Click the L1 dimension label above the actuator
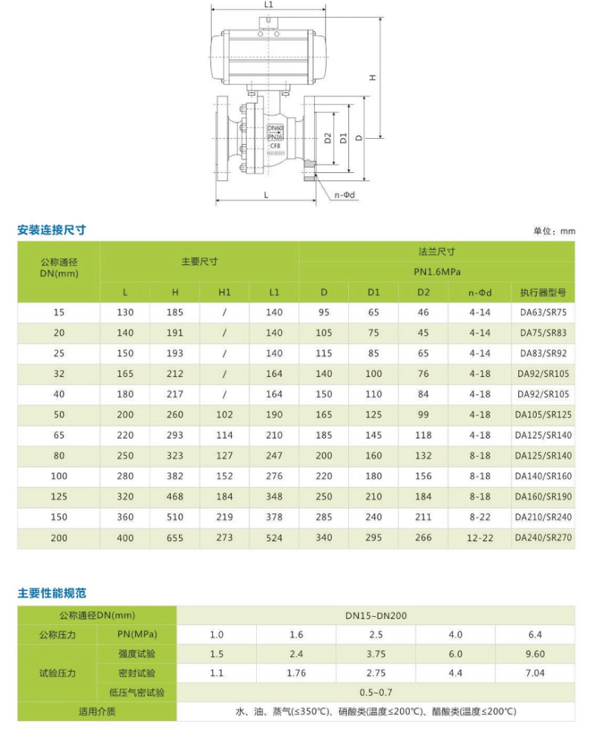(268, 4)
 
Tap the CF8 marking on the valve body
(275, 146)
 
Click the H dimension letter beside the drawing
(373, 77)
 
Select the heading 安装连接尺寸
(51, 230)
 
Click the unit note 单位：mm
(554, 232)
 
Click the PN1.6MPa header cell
(437, 272)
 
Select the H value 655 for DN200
(174, 537)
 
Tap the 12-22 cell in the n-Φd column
(480, 537)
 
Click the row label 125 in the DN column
(59, 496)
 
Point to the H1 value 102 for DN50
(224, 415)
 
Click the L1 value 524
(274, 537)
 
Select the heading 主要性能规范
(51, 593)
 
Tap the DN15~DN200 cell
(376, 615)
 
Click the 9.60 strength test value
(535, 654)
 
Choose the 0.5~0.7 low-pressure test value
(376, 693)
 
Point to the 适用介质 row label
(97, 711)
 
